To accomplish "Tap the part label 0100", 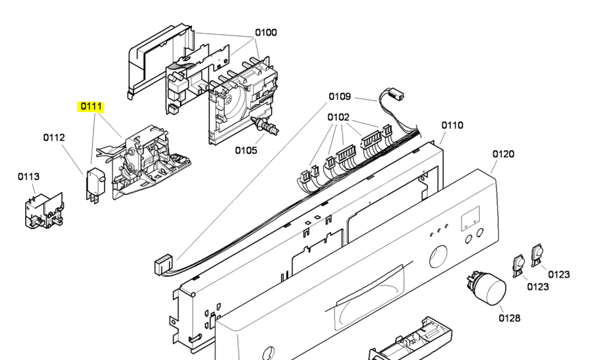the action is (266, 33).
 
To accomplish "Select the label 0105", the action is (246, 151).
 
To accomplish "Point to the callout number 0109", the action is (340, 97).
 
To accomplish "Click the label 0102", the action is (339, 118).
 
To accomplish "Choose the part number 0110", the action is (453, 125).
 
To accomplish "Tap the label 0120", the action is (504, 154).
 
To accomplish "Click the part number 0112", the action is (54, 137).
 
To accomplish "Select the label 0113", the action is (29, 176).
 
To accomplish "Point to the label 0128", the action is (510, 318).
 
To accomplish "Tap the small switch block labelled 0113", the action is (44, 210).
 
